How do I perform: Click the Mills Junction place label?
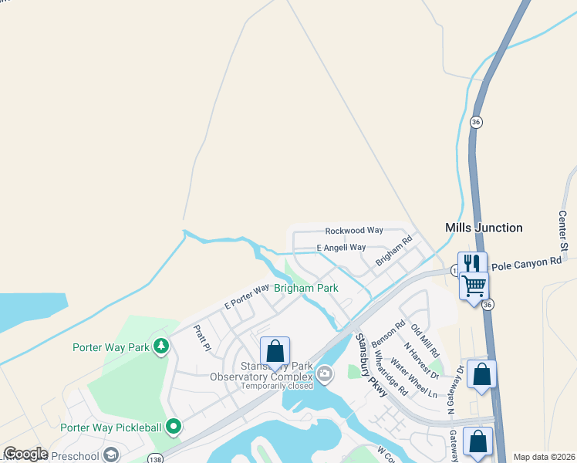click(x=484, y=228)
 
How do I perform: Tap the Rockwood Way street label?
click(x=354, y=231)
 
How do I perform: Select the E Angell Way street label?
click(x=341, y=248)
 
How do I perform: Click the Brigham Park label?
click(x=306, y=288)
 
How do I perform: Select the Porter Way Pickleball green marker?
click(x=174, y=425)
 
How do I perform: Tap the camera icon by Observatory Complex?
click(x=325, y=374)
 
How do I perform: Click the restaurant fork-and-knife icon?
click(x=472, y=263)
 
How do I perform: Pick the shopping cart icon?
click(x=474, y=287)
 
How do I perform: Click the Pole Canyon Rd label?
click(x=526, y=262)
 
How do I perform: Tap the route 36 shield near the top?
click(x=476, y=122)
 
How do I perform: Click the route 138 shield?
click(x=155, y=457)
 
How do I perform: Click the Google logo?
click(x=26, y=454)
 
